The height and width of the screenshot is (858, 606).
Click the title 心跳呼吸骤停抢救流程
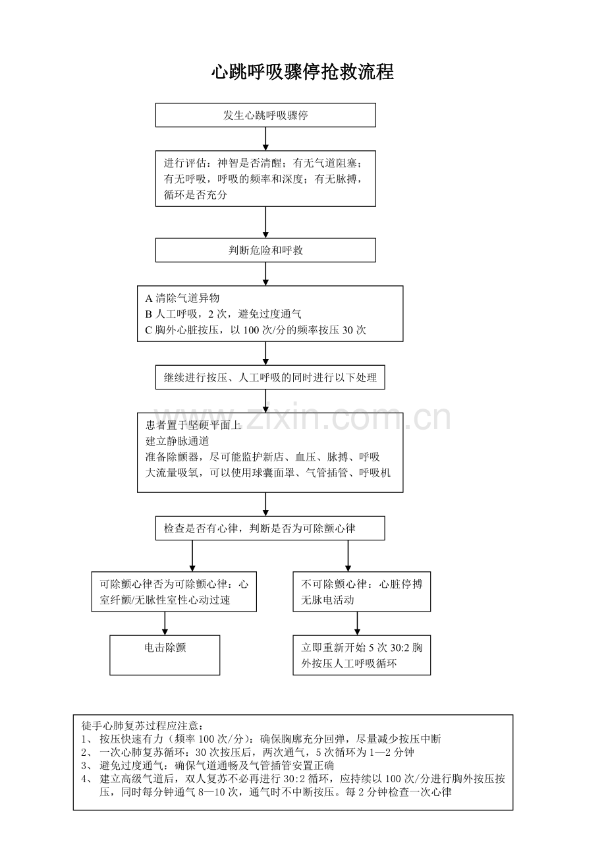(x=302, y=72)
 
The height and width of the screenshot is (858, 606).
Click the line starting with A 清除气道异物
(x=182, y=298)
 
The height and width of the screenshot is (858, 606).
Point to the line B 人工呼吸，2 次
(x=223, y=314)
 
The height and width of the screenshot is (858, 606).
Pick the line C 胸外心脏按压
(x=256, y=330)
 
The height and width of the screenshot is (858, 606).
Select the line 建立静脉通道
(x=177, y=441)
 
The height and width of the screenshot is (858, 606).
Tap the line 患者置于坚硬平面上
(x=193, y=425)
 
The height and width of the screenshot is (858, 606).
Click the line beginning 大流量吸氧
(x=268, y=473)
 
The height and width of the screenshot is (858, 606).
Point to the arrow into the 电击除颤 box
(x=165, y=623)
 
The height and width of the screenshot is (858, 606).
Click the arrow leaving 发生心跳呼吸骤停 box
(x=265, y=138)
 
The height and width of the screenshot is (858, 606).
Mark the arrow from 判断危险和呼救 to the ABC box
(x=265, y=274)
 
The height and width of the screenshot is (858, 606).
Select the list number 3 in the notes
(x=84, y=766)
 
